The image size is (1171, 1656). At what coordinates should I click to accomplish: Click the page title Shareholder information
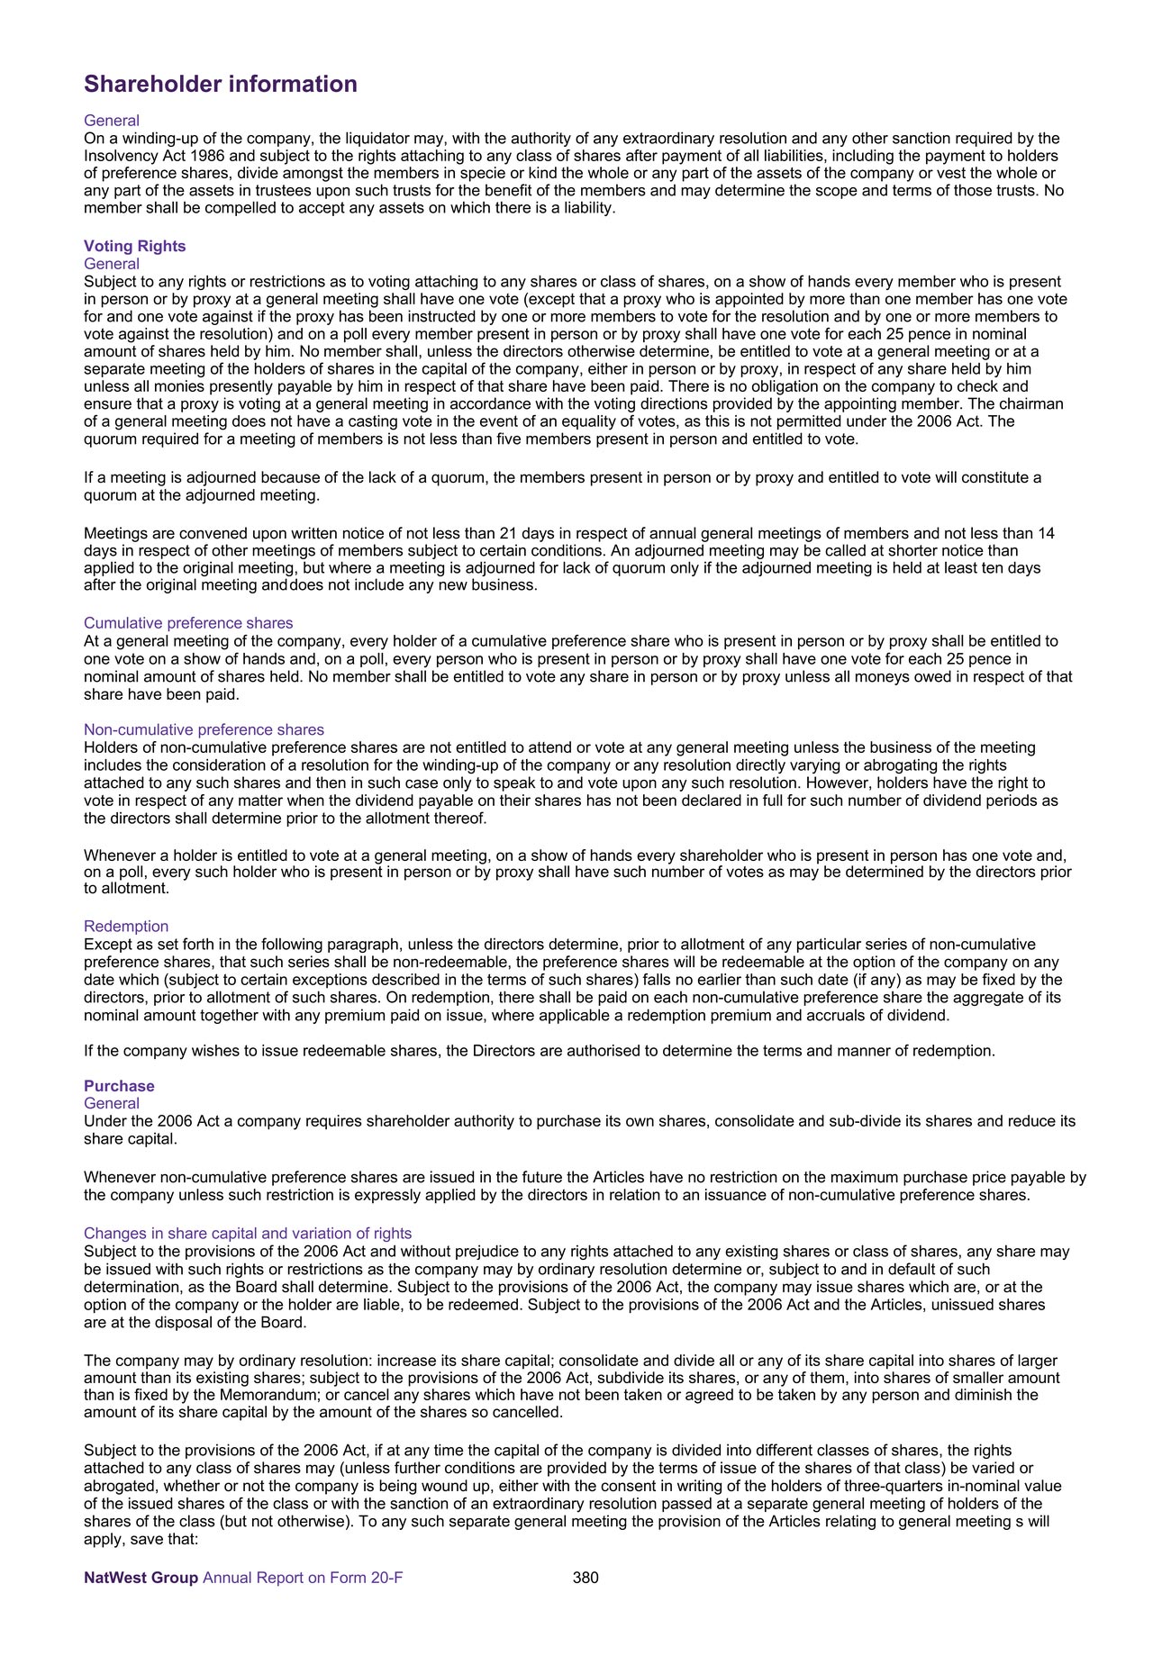221,84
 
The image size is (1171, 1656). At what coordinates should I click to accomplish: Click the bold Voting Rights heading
134,246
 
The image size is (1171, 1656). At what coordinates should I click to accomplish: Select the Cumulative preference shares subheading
188,623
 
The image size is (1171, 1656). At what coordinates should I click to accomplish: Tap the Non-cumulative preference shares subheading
204,729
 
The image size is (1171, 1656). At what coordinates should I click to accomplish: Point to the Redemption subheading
126,927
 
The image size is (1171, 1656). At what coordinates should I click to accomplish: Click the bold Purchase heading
119,1086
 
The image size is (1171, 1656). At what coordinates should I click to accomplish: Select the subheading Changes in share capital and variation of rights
248,1234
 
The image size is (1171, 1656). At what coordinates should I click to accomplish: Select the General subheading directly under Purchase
112,1104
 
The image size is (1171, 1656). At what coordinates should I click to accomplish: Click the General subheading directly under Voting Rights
112,264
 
